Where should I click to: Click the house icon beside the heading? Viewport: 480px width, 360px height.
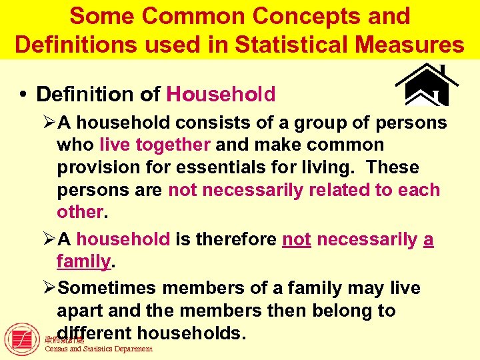pyautogui.click(x=427, y=85)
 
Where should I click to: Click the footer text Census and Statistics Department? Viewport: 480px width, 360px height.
pyautogui.click(x=98, y=349)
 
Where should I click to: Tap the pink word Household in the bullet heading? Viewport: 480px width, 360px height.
pyautogui.click(x=221, y=95)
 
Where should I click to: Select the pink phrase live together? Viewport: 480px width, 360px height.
pyautogui.click(x=155, y=145)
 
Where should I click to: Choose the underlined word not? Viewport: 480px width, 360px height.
pyautogui.click(x=297, y=239)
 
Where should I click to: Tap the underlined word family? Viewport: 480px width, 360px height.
pyautogui.click(x=83, y=262)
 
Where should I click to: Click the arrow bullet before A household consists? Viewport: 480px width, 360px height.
pyautogui.click(x=49, y=123)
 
